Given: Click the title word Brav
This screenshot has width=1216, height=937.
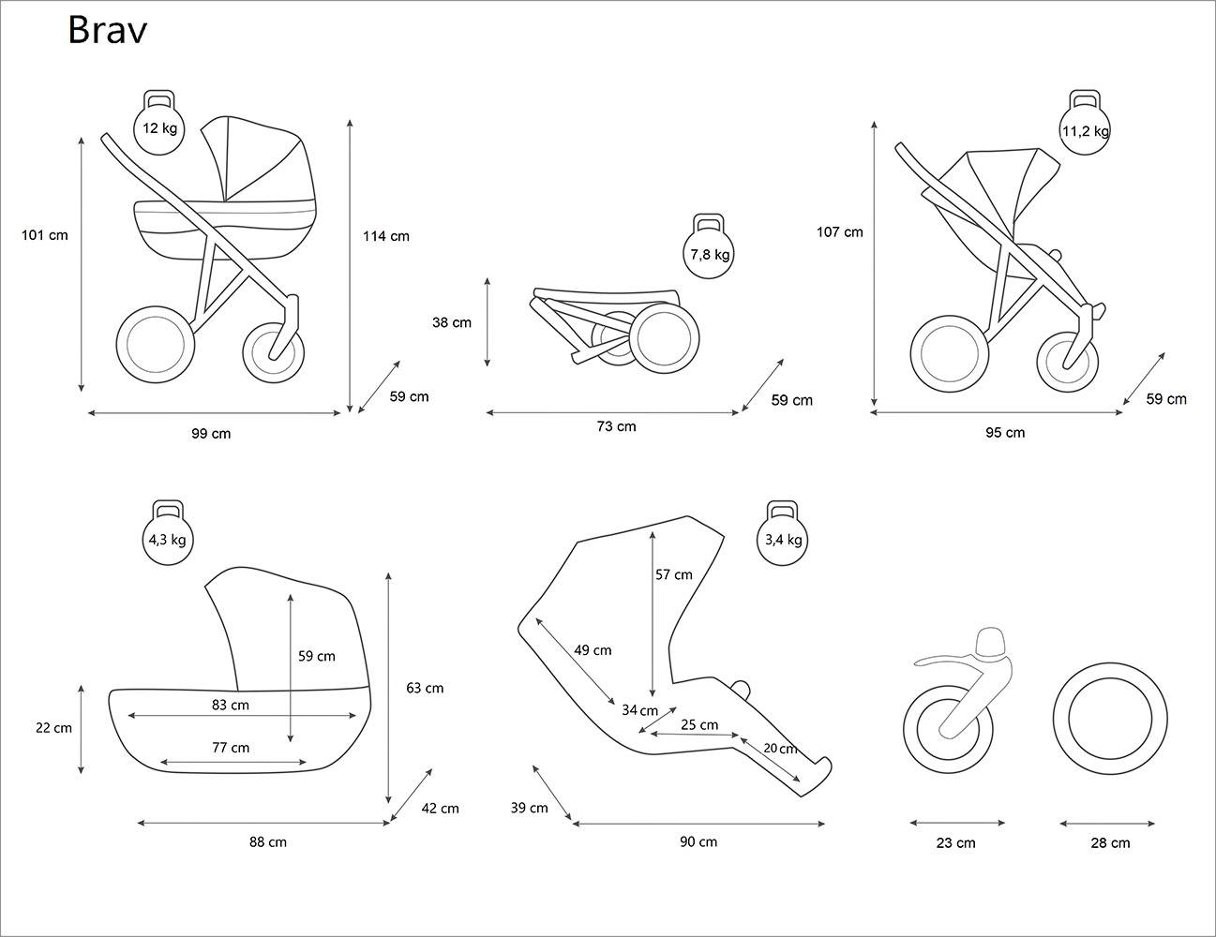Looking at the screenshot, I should pyautogui.click(x=107, y=31).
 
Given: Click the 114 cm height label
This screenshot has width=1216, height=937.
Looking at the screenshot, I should pyautogui.click(x=386, y=236).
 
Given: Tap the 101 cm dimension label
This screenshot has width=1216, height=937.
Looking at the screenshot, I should pyautogui.click(x=45, y=235).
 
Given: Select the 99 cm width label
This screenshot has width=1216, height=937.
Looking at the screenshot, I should pyautogui.click(x=211, y=434).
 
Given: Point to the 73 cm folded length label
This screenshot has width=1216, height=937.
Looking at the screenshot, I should pyautogui.click(x=616, y=426).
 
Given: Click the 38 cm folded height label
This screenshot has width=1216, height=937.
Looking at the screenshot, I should pyautogui.click(x=452, y=322).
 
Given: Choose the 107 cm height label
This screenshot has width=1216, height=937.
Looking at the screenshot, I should pyautogui.click(x=839, y=231).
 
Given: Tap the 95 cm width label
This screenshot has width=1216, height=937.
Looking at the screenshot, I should pyautogui.click(x=1005, y=432).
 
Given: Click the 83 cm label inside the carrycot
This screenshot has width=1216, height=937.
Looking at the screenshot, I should pyautogui.click(x=231, y=705).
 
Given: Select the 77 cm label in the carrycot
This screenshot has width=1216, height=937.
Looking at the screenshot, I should pyautogui.click(x=231, y=748).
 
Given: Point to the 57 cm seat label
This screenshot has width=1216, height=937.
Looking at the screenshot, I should pyautogui.click(x=674, y=574).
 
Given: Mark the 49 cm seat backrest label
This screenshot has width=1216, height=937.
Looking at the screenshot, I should pyautogui.click(x=593, y=650).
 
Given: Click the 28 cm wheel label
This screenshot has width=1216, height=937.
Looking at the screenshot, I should pyautogui.click(x=1110, y=843).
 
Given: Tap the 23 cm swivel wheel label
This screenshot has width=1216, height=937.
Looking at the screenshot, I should pyautogui.click(x=956, y=843).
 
